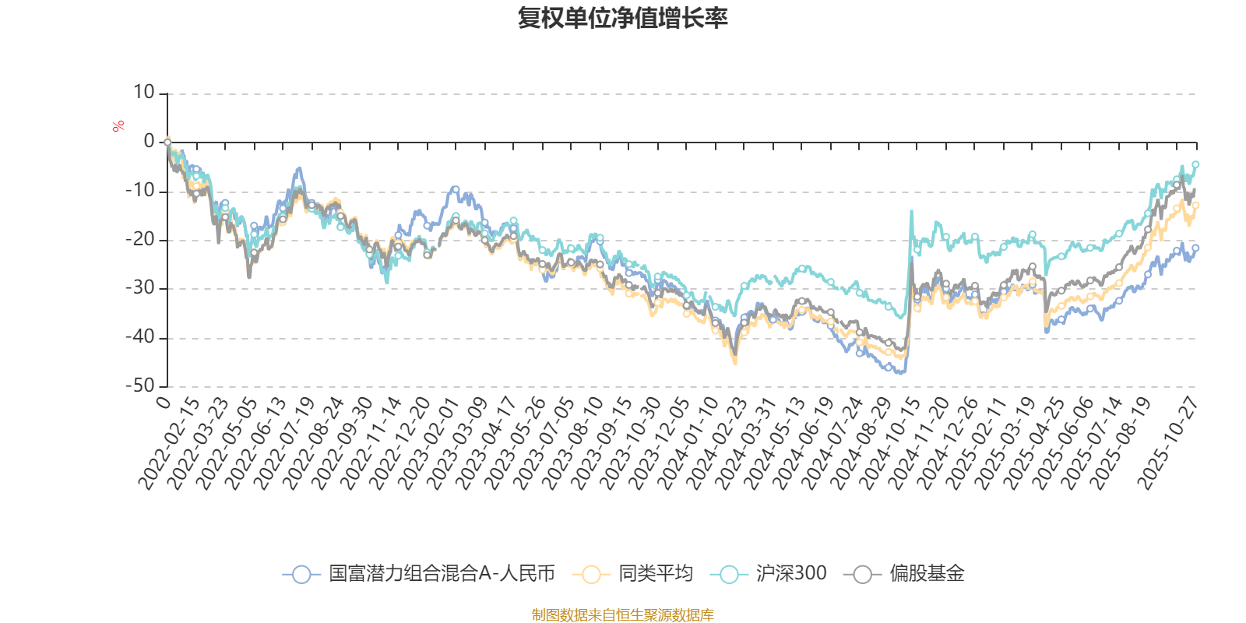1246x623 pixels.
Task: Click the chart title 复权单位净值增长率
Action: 623,19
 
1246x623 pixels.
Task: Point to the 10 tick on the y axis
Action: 144,93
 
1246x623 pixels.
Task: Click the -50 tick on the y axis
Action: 140,385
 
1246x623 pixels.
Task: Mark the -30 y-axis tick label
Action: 140,288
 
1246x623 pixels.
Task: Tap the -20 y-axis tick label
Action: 140,239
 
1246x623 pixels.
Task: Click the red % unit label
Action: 118,126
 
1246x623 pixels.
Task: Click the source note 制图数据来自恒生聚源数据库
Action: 623,615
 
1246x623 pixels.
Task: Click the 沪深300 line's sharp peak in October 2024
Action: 912,210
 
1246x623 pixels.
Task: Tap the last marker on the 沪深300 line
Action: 1195,164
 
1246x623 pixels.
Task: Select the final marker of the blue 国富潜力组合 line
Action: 1195,248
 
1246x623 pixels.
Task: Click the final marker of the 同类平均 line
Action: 1196,206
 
